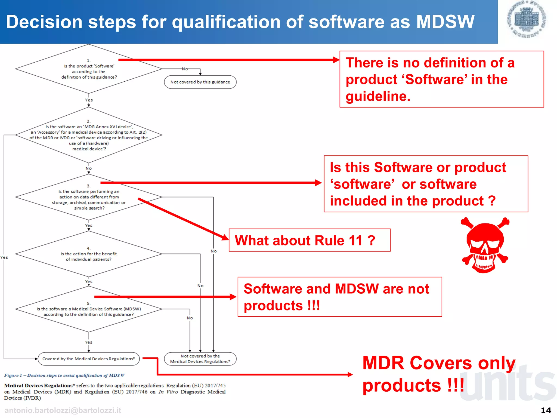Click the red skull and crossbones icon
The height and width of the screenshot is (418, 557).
pos(485,245)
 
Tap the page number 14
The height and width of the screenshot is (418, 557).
pos(546,410)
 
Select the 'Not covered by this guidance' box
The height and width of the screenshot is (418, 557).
pos(200,82)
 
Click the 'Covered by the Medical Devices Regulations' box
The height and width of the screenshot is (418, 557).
pos(89,359)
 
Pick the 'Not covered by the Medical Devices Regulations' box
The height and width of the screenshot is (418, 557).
pos(200,359)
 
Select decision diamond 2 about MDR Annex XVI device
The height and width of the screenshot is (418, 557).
pos(89,135)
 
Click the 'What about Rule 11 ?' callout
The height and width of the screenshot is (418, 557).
pos(310,240)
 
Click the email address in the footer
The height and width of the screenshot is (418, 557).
pos(63,410)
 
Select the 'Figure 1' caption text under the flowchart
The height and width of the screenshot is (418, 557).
pos(64,375)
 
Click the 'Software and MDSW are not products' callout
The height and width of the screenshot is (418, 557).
pos(339,297)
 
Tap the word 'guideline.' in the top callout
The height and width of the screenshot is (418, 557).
pos(378,96)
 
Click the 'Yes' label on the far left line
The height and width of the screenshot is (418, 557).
pos(4,257)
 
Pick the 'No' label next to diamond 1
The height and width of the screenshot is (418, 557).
pos(185,69)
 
